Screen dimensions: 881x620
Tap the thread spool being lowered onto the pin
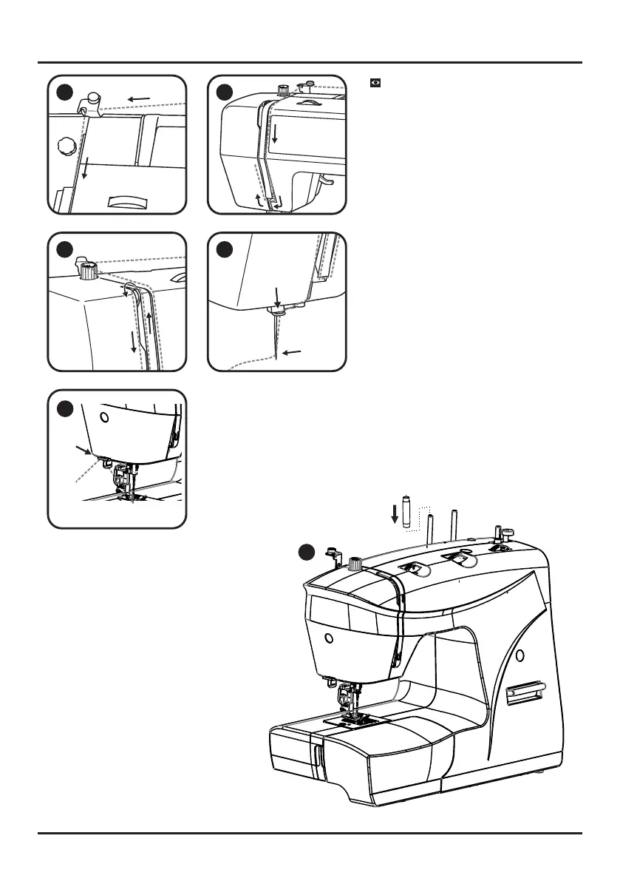click(406, 510)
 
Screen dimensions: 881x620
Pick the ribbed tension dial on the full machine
click(355, 564)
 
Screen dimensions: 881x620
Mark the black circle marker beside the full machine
click(309, 553)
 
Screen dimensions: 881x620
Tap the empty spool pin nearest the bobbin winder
click(454, 525)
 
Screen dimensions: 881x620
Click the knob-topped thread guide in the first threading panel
click(92, 98)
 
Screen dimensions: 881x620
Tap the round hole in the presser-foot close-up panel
click(104, 418)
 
